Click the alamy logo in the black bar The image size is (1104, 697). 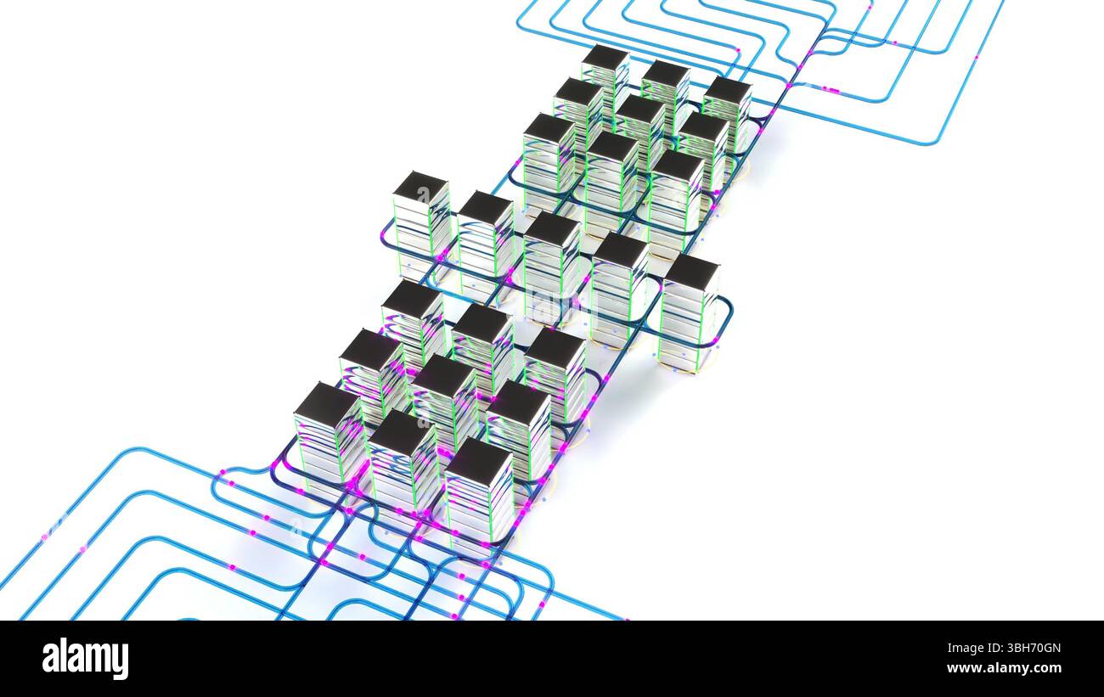coord(85,659)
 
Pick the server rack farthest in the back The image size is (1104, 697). coord(605,76)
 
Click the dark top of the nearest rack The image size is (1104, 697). coord(478,461)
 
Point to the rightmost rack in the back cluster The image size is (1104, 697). coord(726,110)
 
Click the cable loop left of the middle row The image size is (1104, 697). coord(386,238)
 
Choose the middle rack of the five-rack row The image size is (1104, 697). coord(551,263)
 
